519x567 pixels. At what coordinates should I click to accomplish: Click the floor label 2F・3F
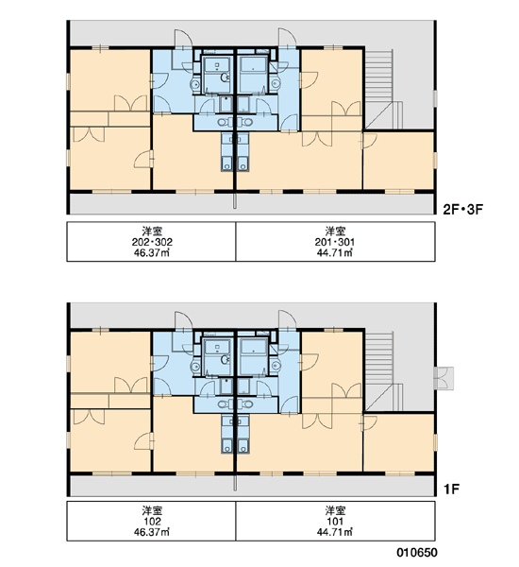click(462, 210)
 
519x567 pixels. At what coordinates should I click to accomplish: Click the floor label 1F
click(451, 490)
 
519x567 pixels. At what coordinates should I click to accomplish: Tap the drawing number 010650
click(417, 552)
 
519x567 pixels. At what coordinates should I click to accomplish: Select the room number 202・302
click(152, 242)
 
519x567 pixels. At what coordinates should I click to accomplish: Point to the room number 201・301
click(335, 242)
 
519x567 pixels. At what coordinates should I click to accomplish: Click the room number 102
click(152, 522)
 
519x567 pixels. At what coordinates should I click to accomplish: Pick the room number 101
click(335, 522)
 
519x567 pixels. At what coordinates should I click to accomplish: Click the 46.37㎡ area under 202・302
click(152, 252)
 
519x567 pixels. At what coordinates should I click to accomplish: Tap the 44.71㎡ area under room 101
click(335, 532)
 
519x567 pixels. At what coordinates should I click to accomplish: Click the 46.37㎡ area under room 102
click(152, 532)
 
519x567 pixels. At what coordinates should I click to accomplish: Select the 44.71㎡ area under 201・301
click(335, 252)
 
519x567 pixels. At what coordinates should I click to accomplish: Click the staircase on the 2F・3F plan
click(383, 89)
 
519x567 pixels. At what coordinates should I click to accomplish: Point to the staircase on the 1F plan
click(383, 371)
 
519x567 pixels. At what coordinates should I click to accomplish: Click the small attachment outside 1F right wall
click(444, 378)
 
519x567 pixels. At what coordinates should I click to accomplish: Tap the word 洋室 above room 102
click(152, 510)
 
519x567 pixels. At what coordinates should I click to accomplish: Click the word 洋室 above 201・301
click(335, 232)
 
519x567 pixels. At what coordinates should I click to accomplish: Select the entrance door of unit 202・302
click(183, 39)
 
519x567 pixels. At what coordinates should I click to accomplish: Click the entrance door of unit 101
click(287, 320)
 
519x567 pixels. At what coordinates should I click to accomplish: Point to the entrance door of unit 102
click(183, 320)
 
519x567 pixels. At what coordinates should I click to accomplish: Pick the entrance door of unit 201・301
click(287, 38)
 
